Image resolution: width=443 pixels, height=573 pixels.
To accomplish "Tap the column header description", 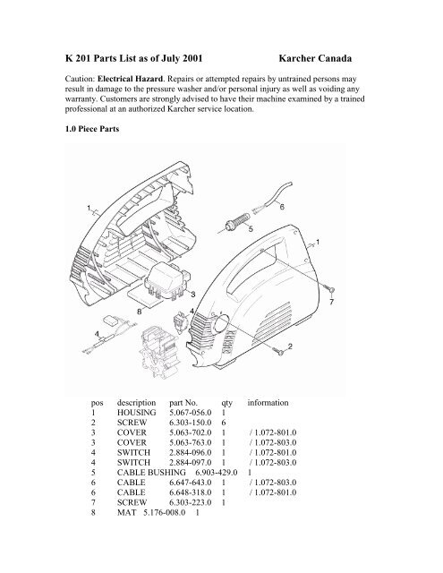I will pyautogui.click(x=135, y=402).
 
